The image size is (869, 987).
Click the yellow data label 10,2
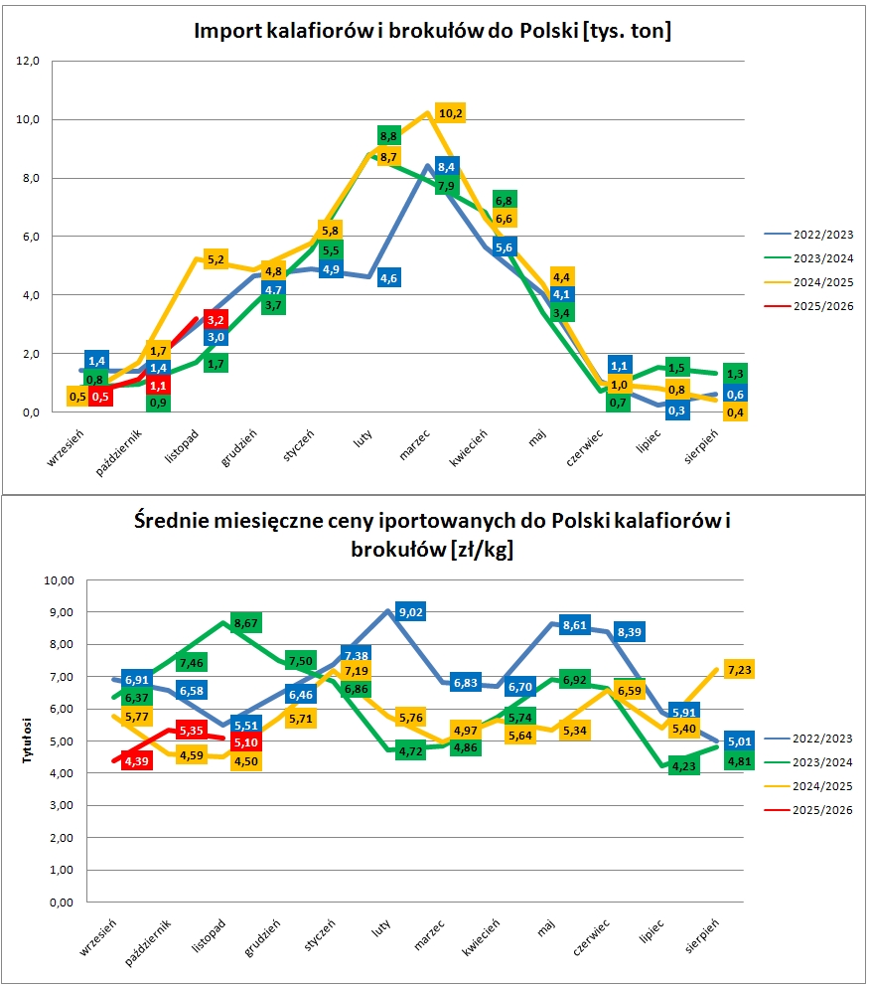(450, 113)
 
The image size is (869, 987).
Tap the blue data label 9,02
(410, 612)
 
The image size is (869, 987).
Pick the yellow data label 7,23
(741, 670)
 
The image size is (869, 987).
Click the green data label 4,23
(683, 765)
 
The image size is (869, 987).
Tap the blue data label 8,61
(575, 625)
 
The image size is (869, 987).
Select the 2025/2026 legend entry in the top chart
(820, 306)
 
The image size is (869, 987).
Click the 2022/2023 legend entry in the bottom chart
(820, 739)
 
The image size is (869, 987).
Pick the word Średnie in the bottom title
(179, 522)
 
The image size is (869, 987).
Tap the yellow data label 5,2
(217, 260)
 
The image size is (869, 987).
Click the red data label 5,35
(191, 731)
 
